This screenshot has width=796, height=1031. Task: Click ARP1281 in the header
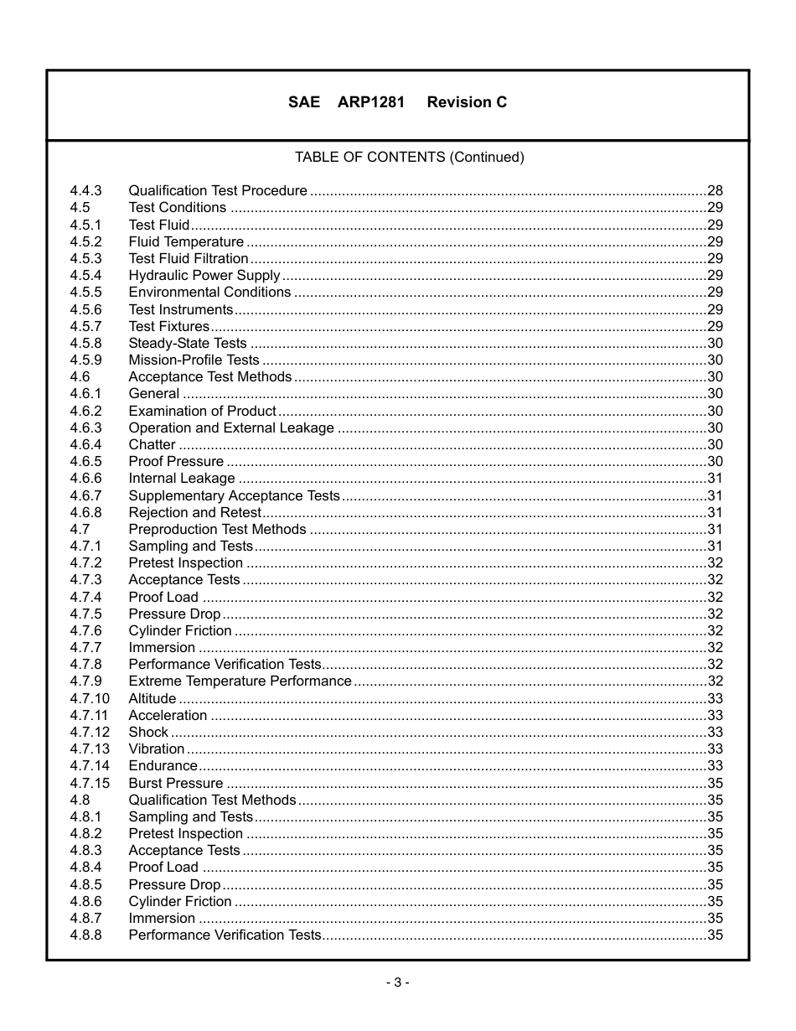click(x=371, y=102)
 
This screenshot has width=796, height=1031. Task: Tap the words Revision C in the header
click(x=467, y=102)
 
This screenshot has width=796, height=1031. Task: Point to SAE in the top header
click(x=304, y=102)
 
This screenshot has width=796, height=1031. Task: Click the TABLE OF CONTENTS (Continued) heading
click(x=409, y=157)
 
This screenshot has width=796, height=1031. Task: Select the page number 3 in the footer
click(x=398, y=982)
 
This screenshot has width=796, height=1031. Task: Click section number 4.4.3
click(x=85, y=190)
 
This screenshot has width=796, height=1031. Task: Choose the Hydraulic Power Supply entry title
click(x=204, y=275)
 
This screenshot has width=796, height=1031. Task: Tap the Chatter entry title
click(x=152, y=444)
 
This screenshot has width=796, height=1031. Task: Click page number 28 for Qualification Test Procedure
click(x=715, y=190)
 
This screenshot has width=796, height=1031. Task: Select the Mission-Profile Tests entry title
click(x=194, y=360)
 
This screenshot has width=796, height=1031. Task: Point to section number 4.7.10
click(x=90, y=698)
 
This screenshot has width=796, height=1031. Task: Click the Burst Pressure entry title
click(x=175, y=783)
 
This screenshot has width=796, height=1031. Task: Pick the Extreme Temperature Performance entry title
click(x=240, y=681)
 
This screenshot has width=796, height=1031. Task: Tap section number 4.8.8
click(x=85, y=935)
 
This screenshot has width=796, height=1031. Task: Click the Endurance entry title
click(x=163, y=765)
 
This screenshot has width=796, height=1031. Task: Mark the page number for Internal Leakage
click(x=715, y=478)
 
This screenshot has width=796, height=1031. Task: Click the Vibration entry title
click(x=156, y=749)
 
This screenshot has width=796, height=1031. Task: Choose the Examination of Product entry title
click(x=202, y=411)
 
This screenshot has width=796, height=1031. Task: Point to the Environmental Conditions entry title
click(x=209, y=292)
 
